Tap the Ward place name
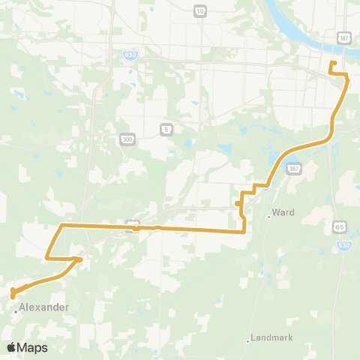click(283, 212)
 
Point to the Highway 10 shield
click(199, 11)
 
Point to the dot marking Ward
click(268, 217)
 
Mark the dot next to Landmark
click(248, 341)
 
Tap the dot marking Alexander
click(16, 307)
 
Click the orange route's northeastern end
click(332, 62)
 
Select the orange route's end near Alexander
click(13, 297)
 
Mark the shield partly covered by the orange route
click(132, 225)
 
